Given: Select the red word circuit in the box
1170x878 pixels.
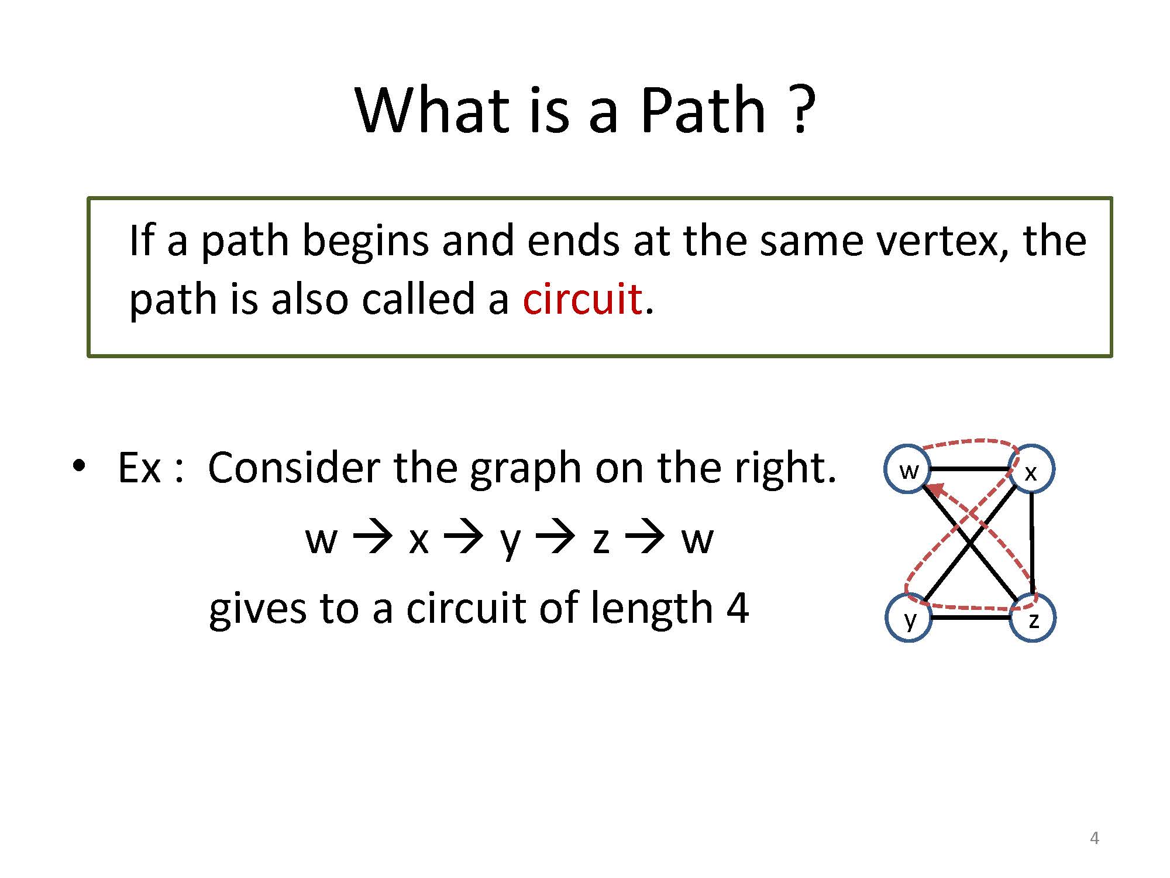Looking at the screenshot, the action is tap(583, 298).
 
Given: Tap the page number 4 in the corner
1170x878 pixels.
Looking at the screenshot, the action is tap(1095, 838).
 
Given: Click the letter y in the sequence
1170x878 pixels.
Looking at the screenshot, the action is tap(510, 541).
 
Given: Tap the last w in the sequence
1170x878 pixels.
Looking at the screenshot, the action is tap(697, 539).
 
